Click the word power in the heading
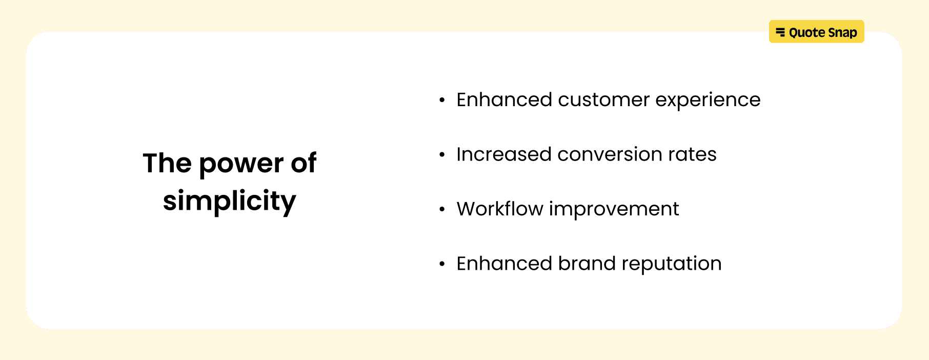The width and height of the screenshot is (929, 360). click(241, 164)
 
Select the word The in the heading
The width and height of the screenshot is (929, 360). click(167, 164)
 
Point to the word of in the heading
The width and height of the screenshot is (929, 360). click(304, 164)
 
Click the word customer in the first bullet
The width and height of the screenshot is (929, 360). click(603, 100)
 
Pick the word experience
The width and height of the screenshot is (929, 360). click(708, 101)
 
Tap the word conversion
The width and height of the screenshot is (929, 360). click(605, 154)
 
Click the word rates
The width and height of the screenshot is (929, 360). click(692, 155)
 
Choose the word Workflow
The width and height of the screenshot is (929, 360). click(500, 209)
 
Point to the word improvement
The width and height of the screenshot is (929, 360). click(614, 210)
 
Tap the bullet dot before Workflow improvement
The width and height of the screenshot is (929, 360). click(442, 210)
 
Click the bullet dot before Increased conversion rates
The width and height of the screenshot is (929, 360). click(442, 155)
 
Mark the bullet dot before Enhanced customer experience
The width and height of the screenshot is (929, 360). click(442, 101)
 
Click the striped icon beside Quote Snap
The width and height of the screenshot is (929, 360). click(780, 32)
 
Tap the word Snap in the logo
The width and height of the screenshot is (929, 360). click(842, 33)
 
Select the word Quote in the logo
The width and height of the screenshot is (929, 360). click(807, 33)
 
